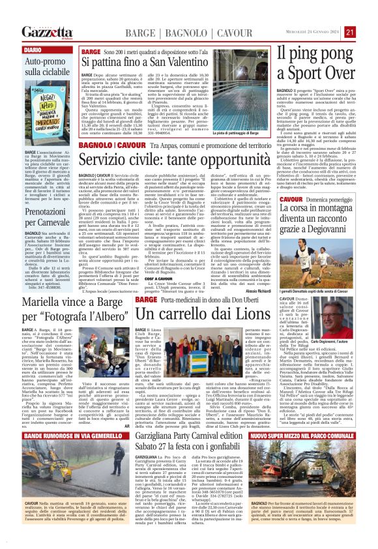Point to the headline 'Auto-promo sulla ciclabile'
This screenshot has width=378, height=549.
[x=46, y=67]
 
